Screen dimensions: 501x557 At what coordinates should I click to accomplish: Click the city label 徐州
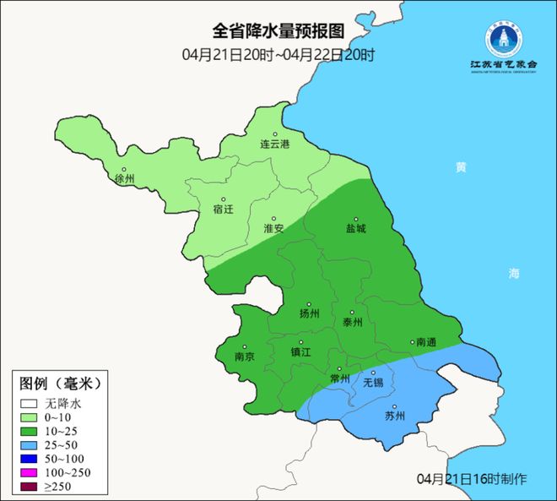click(x=124, y=179)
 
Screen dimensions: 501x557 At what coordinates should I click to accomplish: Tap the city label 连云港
click(x=274, y=145)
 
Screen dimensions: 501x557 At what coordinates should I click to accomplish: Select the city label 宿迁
click(x=224, y=210)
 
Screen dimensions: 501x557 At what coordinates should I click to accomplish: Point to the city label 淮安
click(x=273, y=229)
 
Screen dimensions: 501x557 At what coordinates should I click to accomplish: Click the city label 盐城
click(x=356, y=229)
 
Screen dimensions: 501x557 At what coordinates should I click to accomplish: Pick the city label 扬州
click(x=310, y=313)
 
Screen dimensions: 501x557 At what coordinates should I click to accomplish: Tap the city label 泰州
click(x=354, y=323)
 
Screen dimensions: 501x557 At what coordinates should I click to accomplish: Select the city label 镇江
click(x=301, y=352)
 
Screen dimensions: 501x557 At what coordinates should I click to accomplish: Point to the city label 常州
click(x=340, y=378)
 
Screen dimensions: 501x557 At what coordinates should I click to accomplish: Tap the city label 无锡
click(x=372, y=383)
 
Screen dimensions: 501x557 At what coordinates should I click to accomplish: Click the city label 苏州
click(x=395, y=416)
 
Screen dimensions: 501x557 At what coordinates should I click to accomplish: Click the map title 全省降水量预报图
click(x=278, y=31)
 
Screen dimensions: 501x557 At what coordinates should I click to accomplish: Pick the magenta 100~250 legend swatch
click(x=30, y=472)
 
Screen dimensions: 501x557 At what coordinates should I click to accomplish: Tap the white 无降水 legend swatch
click(x=30, y=404)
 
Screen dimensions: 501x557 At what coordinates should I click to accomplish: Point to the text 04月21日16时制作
click(x=472, y=479)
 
